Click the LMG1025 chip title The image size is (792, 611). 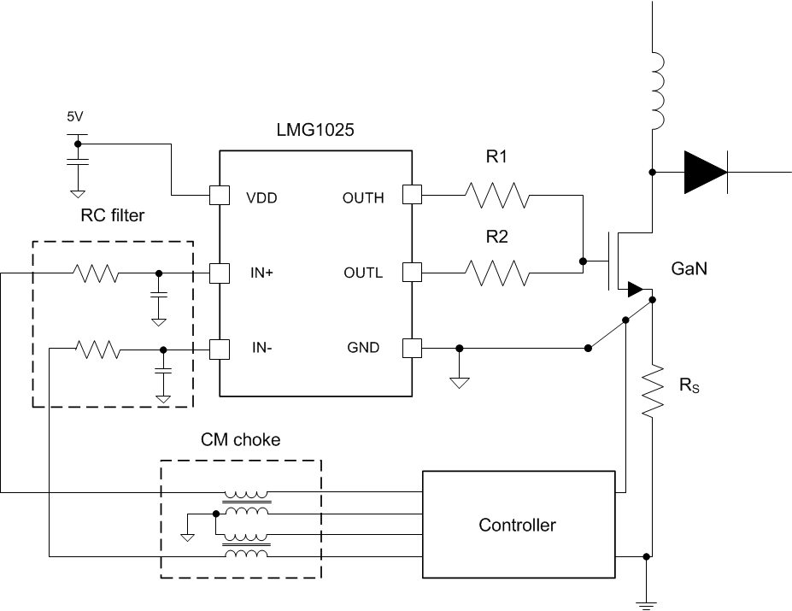tap(315, 132)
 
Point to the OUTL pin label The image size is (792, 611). tap(364, 273)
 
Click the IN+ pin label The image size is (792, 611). tap(260, 273)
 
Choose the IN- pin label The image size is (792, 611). tap(259, 349)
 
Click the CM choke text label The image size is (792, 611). tap(240, 440)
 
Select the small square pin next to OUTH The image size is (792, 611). tap(412, 197)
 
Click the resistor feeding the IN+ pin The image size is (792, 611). tap(96, 273)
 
